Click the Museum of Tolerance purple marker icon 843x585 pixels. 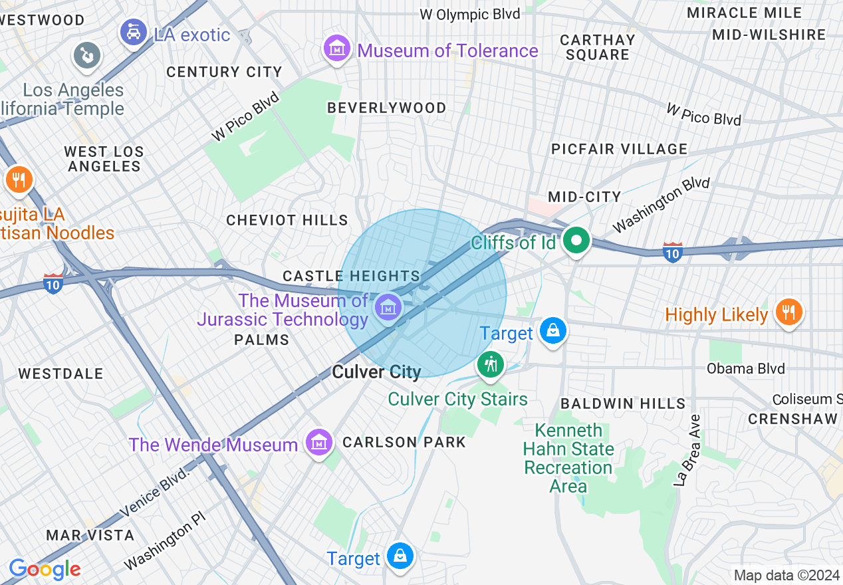point(337,49)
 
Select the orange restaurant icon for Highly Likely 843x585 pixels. point(788,312)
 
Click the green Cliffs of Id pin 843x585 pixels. point(576,241)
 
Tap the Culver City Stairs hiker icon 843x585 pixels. point(491,364)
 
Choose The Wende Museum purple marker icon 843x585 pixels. point(318,442)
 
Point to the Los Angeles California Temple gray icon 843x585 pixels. point(87,55)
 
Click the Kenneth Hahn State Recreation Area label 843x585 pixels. point(568,458)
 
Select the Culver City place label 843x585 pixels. point(376,372)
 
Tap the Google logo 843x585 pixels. point(45,569)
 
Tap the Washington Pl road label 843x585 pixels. point(166,546)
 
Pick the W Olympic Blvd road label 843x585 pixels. point(470,14)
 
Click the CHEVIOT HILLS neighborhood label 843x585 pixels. point(287,220)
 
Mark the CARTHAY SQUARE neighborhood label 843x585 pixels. point(598,47)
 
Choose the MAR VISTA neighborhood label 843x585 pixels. point(90,535)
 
